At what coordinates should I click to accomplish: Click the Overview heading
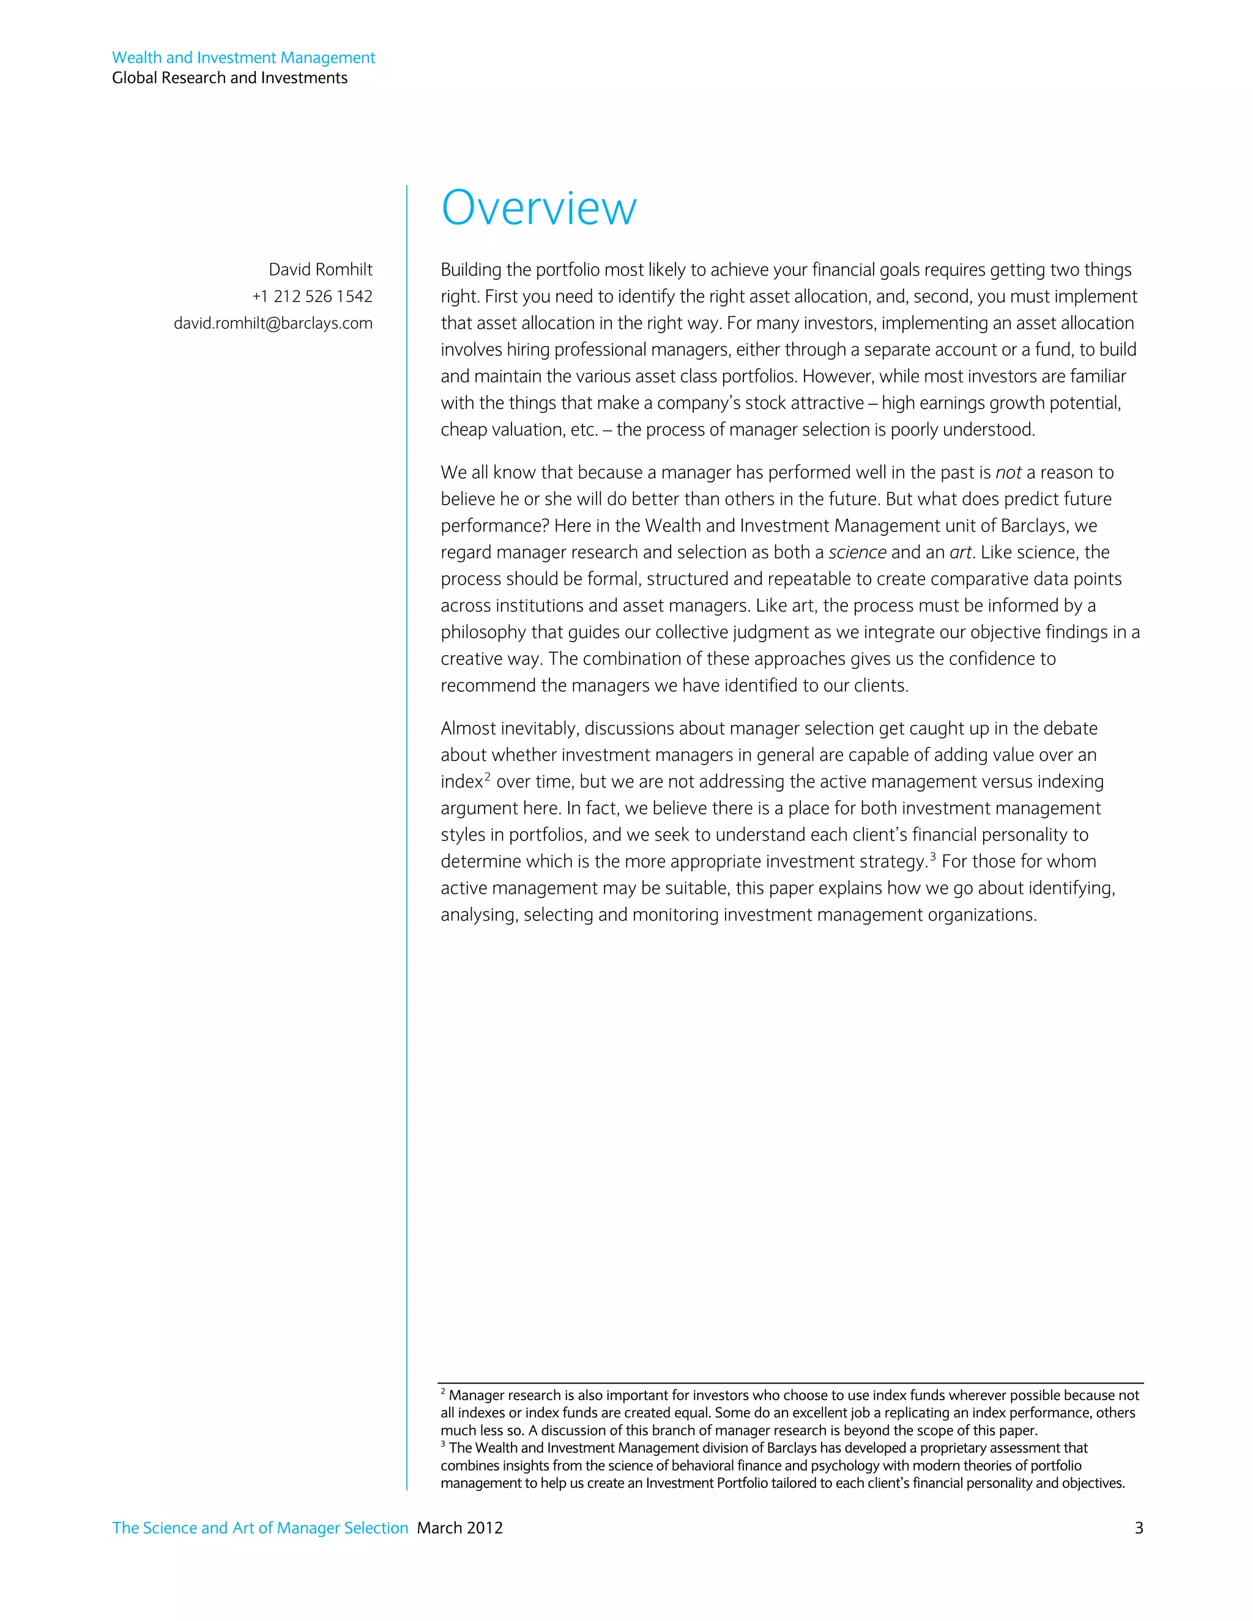point(538,208)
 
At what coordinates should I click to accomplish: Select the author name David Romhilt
point(320,269)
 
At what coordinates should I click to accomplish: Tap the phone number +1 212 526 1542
point(312,296)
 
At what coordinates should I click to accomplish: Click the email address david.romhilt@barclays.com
point(272,323)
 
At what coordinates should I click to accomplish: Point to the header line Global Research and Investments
point(229,78)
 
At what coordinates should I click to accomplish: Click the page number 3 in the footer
point(1138,1527)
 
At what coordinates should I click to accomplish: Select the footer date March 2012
point(459,1527)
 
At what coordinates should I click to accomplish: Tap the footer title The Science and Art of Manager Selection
point(260,1527)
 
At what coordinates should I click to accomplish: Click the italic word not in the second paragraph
point(1008,473)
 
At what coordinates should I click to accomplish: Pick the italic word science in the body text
point(857,552)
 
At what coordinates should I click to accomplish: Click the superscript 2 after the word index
point(488,776)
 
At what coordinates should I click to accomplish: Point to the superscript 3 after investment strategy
point(932,856)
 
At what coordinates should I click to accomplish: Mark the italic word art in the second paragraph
point(960,552)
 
